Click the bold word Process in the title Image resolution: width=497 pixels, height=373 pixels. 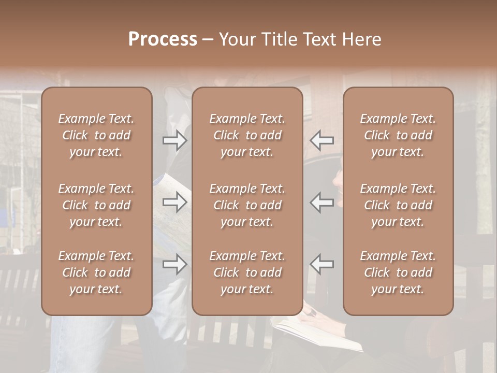pos(163,39)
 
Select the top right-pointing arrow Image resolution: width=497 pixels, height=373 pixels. pos(174,140)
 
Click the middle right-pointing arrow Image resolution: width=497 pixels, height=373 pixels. pos(174,202)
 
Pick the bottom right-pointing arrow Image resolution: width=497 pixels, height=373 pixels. pos(174,264)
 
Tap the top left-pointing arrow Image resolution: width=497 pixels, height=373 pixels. pos(321,140)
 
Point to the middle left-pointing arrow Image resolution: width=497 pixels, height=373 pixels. pos(321,202)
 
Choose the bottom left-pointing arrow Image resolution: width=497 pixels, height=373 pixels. pos(321,264)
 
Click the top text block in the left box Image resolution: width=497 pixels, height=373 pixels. pos(96,135)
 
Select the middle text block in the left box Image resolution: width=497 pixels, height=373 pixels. pos(96,205)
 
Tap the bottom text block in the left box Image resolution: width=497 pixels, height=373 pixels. pos(96,272)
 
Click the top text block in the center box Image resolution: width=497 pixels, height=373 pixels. pos(247,135)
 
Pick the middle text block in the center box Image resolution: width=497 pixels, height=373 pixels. pos(247,205)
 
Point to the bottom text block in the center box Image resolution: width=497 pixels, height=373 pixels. pos(247,272)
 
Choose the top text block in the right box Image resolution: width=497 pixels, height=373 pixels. pos(398,135)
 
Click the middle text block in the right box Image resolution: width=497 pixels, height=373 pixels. pos(398,205)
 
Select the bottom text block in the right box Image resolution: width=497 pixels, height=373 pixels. pos(398,272)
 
